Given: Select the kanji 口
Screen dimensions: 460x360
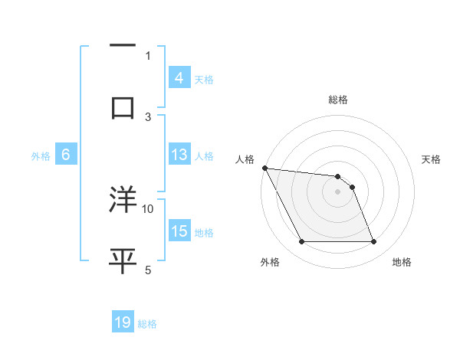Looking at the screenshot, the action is tap(123, 106).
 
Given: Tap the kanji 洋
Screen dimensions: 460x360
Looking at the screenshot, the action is tap(123, 199).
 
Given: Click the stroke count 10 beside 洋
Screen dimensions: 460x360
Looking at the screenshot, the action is tap(148, 208).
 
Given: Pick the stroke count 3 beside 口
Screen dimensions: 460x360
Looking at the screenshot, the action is tap(148, 116).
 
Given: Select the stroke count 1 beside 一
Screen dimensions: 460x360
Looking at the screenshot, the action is tap(148, 55).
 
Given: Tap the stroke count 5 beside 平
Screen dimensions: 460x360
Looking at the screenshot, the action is tap(148, 270).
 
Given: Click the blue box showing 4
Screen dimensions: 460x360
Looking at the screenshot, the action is tap(179, 77).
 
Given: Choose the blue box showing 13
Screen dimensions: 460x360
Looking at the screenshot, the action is tap(179, 155).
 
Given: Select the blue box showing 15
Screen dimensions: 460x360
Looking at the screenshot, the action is tap(179, 231).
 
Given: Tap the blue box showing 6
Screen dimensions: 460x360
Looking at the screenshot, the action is tap(66, 155).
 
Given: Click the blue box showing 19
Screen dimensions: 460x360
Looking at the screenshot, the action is tap(123, 323).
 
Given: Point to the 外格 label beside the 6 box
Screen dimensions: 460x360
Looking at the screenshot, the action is tap(41, 155).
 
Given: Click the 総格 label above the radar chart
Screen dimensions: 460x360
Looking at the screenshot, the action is tap(338, 100).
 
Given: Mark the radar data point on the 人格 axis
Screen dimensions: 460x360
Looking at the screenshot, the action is tap(264, 168).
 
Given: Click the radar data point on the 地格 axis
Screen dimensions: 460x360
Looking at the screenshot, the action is tap(373, 242).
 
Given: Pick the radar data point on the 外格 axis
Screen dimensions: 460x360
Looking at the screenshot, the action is tap(301, 242).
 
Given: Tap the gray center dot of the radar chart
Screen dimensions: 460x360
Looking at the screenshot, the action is tap(337, 191).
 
